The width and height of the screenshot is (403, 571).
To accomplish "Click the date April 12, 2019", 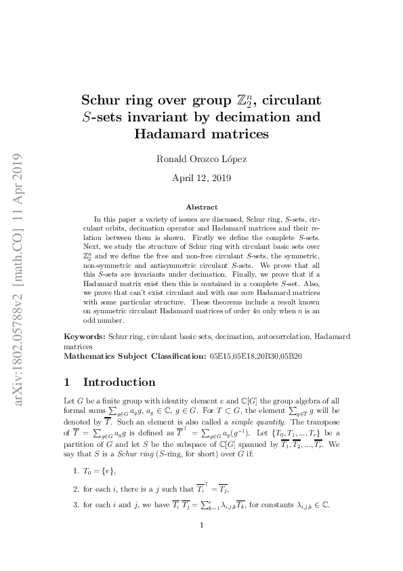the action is tap(201, 179).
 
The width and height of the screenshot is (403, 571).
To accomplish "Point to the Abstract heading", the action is tap(202, 207).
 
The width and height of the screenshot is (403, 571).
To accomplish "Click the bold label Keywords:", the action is tap(85, 336).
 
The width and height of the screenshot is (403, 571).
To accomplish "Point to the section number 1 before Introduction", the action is tap(67, 382).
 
